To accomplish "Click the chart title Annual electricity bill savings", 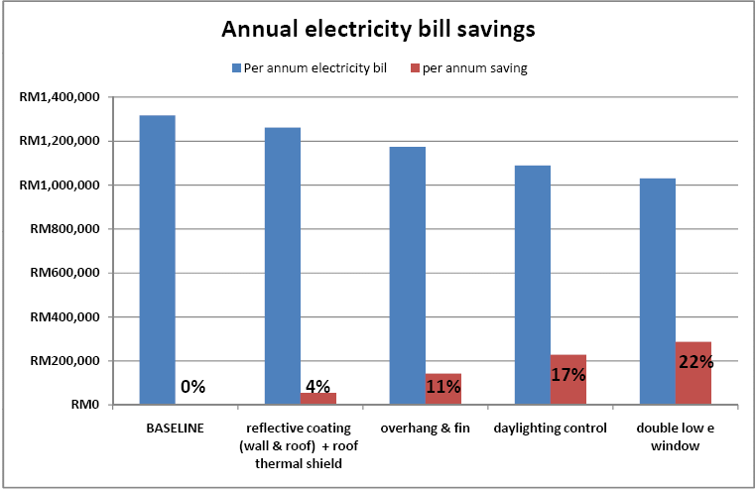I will click(x=378, y=29).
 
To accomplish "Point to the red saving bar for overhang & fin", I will click(x=443, y=389).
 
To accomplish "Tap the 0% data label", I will click(x=192, y=387).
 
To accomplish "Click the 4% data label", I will click(x=317, y=387).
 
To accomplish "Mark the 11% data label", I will click(x=442, y=387).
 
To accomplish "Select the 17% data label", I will click(x=567, y=375).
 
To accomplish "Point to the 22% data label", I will click(x=695, y=362).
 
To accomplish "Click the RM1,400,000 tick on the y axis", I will click(x=59, y=97).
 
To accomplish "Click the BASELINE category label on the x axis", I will click(x=174, y=429).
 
